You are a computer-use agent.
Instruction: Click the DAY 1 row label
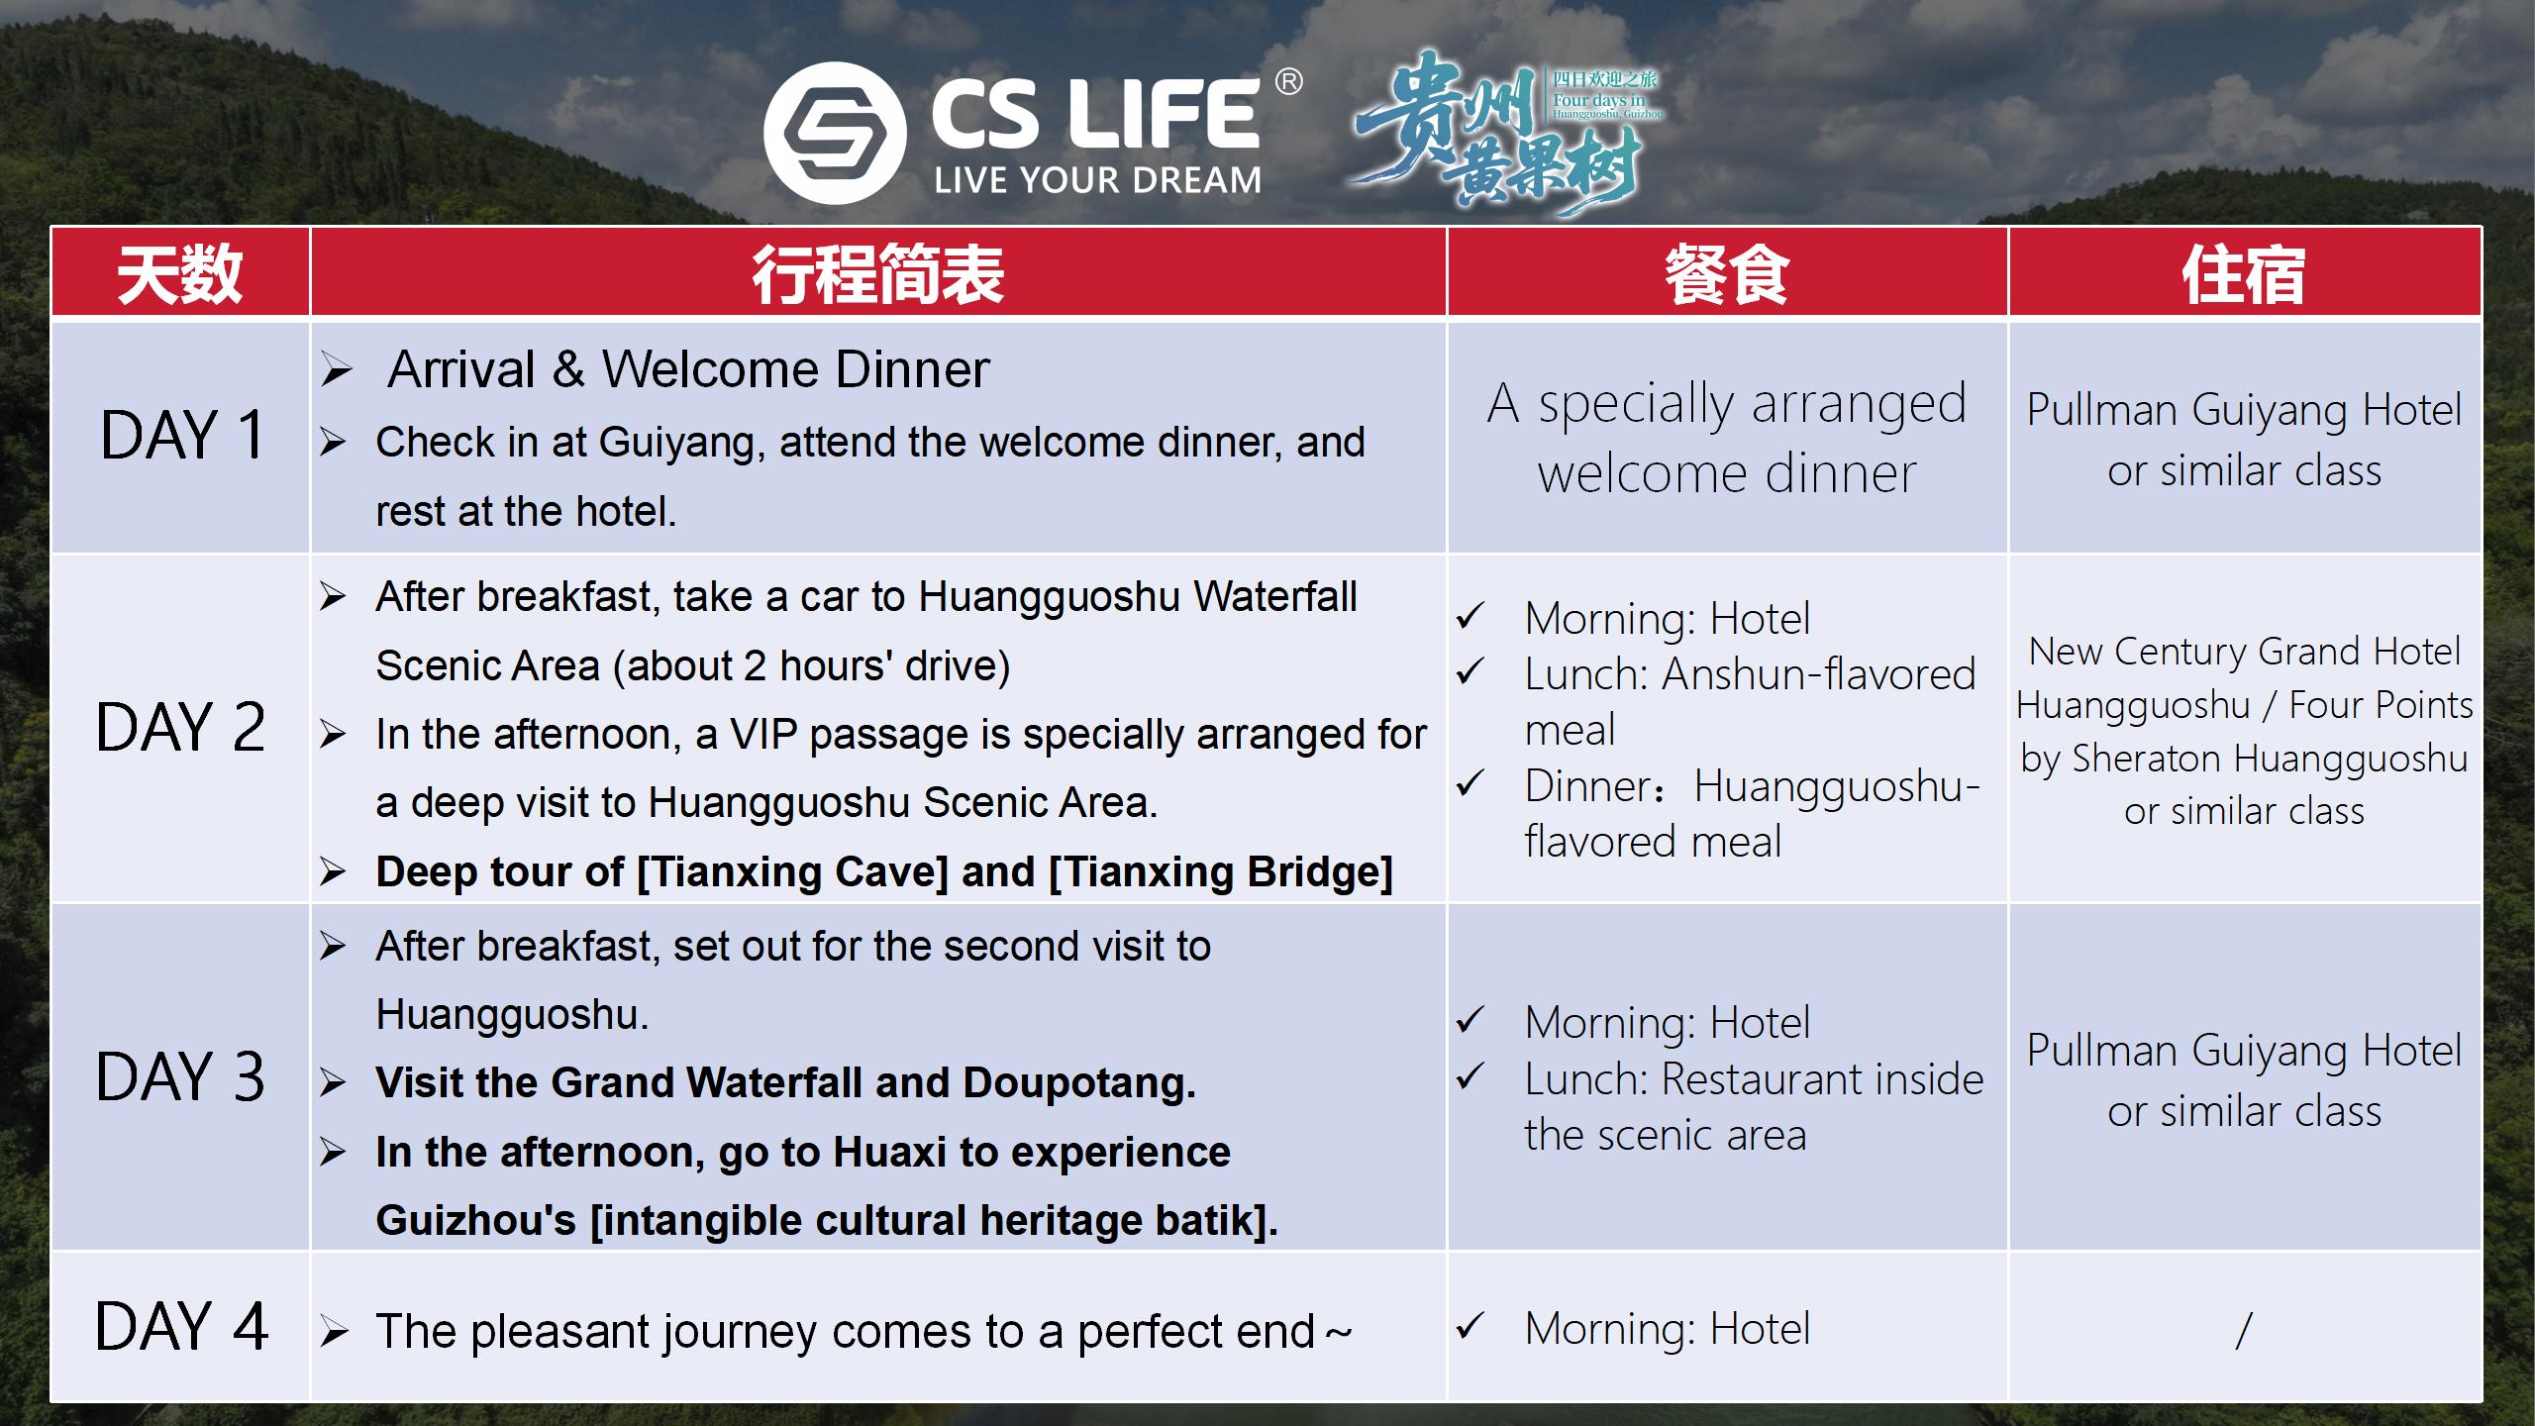[x=182, y=435]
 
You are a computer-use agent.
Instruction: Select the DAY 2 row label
[x=180, y=727]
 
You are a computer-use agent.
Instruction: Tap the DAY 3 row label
[x=180, y=1076]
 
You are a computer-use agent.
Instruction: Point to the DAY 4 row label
[x=181, y=1326]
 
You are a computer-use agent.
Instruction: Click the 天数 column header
[x=179, y=274]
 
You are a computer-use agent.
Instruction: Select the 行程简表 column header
[x=878, y=274]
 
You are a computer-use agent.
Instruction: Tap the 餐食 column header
[x=1727, y=274]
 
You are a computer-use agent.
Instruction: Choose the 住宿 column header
[x=2244, y=274]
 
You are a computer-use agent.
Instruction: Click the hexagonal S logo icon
[x=835, y=133]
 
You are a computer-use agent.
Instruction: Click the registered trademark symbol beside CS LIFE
[x=1288, y=81]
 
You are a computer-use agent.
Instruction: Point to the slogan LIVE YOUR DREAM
[x=1098, y=180]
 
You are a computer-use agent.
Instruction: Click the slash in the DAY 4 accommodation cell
[x=2244, y=1330]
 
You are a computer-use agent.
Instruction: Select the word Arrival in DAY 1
[x=461, y=369]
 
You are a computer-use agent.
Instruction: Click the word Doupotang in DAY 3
[x=1079, y=1083]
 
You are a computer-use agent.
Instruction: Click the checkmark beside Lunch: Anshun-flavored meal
[x=1470, y=671]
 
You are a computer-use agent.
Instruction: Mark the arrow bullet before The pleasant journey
[x=334, y=1332]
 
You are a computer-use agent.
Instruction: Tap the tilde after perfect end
[x=1339, y=1333]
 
